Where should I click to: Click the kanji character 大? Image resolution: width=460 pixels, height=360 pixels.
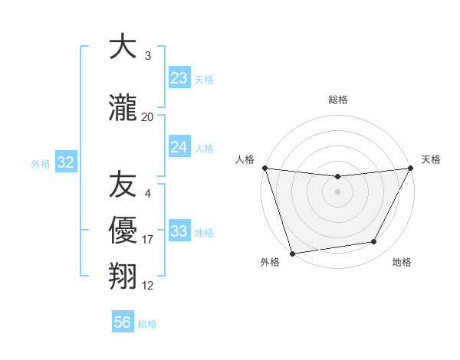coord(123,47)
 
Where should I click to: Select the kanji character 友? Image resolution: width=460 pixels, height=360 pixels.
coord(123,184)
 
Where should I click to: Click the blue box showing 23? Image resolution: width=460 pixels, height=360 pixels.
coord(179,78)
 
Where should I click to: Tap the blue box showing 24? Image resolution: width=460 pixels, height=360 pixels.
coord(179,147)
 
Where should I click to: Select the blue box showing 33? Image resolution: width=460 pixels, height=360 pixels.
coord(179,231)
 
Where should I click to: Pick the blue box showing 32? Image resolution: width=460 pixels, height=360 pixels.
coord(65,162)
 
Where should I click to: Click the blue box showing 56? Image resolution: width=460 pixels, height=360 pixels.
coord(123,322)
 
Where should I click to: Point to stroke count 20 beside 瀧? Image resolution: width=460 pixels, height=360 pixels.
coord(148,117)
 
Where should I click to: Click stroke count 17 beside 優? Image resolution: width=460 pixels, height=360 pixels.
coord(148,240)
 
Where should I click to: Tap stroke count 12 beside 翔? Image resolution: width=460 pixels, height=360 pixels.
coord(148,286)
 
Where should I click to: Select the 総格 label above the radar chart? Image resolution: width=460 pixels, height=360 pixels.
coord(337,100)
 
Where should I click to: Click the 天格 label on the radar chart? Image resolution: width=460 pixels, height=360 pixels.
coord(431,159)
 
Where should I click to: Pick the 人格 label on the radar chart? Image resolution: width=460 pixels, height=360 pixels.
coord(245,159)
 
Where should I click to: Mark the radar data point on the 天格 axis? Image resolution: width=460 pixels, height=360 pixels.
coord(412,168)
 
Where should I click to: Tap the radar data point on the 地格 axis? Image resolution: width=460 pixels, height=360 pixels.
coord(374,242)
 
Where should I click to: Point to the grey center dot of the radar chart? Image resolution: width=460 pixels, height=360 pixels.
coord(337,191)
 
